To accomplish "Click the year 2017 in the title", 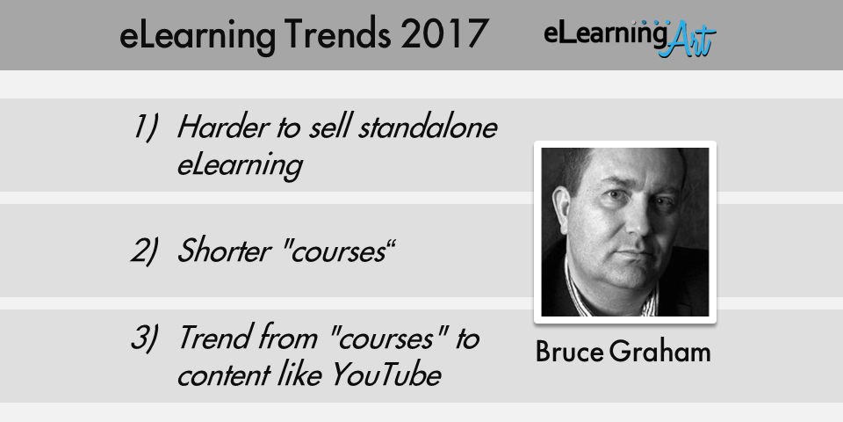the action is (x=444, y=34).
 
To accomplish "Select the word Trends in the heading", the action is (x=337, y=34).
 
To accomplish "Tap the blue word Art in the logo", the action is (x=688, y=40).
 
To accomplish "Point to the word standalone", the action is (x=428, y=127).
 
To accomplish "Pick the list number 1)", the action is (x=145, y=128).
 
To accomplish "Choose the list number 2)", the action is (x=145, y=251).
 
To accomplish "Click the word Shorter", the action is (x=224, y=251).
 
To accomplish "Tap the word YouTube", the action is (x=386, y=375).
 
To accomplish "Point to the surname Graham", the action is (x=660, y=352).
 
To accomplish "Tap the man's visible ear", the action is (x=562, y=212).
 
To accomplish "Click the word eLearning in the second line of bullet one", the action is (x=240, y=166).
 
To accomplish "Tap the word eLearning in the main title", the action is (x=198, y=35).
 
